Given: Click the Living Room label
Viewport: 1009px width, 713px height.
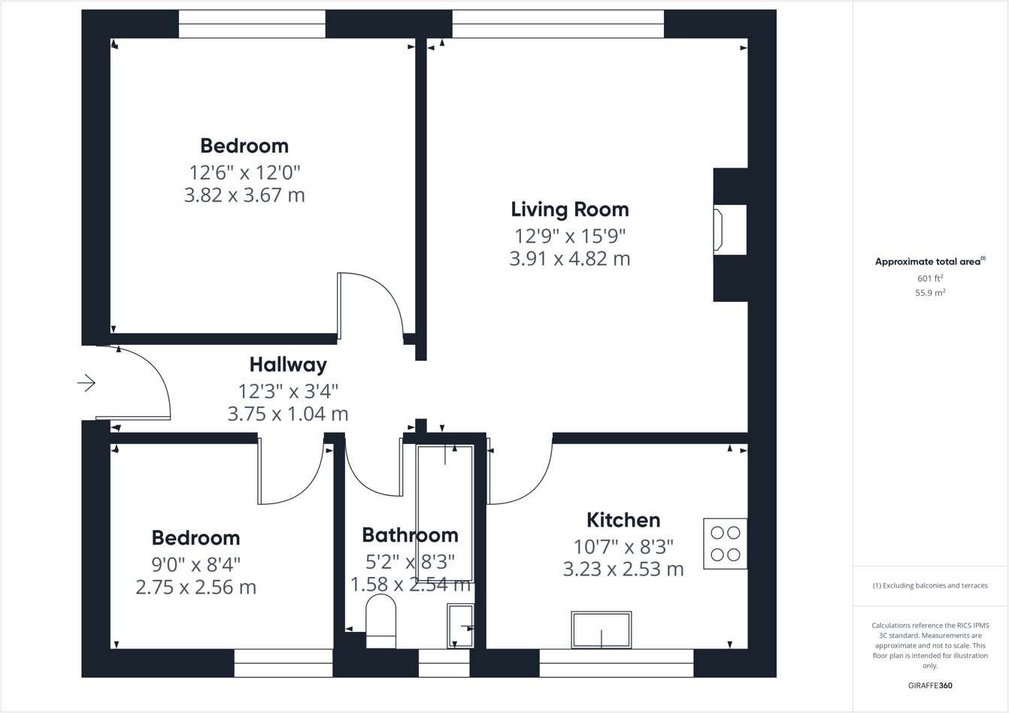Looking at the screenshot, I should tap(569, 210).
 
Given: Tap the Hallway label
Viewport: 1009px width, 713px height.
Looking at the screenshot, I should tap(288, 365).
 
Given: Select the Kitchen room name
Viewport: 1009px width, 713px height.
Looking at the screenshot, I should tap(623, 520).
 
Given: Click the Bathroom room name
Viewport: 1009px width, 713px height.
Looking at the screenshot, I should tap(410, 535).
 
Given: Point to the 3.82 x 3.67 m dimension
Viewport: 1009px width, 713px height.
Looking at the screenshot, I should tap(244, 195).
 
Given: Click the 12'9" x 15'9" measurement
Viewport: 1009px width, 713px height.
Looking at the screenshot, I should tap(569, 236).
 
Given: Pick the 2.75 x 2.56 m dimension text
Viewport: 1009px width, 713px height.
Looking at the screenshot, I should tap(195, 587).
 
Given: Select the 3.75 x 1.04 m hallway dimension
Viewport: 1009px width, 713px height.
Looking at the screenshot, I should tap(288, 413).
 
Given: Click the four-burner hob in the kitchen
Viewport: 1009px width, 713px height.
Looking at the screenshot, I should tap(725, 543).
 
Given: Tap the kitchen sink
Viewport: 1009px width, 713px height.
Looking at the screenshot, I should tap(601, 630).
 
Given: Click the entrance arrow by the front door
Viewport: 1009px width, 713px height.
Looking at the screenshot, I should tap(86, 383).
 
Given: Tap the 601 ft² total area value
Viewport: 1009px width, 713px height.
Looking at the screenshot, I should tap(929, 278).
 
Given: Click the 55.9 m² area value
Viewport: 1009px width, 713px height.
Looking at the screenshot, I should tap(929, 293).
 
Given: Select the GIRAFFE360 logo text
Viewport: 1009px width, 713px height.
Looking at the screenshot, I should tap(929, 685).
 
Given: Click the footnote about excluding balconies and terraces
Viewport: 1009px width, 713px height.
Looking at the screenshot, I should tap(929, 585).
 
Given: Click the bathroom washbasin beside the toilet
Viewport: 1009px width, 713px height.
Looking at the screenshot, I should tap(460, 626).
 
